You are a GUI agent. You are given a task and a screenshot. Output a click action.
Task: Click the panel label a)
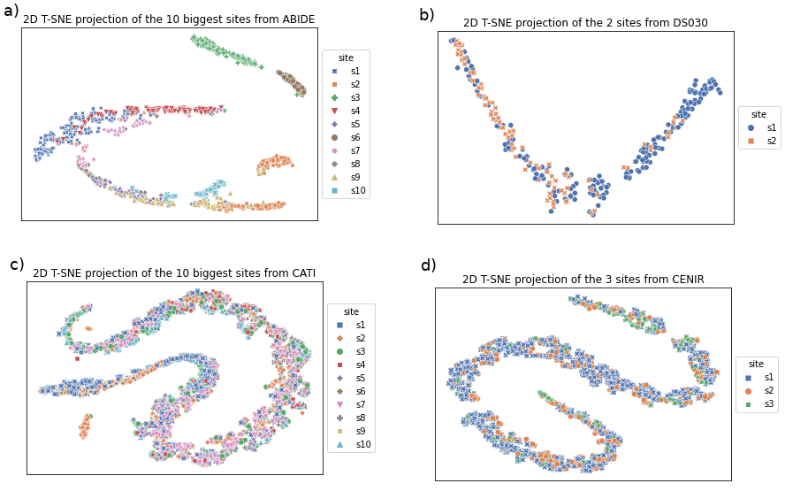(x=11, y=12)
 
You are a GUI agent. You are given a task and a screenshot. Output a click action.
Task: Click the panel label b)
(x=426, y=15)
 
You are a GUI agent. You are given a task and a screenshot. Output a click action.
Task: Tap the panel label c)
(x=17, y=265)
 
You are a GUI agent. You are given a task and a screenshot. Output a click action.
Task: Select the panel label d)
(x=428, y=265)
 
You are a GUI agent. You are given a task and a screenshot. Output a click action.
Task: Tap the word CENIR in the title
(x=685, y=280)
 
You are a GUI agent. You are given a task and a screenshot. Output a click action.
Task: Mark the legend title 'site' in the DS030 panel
(x=758, y=114)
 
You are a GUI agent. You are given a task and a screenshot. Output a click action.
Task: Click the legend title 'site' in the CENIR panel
(x=756, y=364)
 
